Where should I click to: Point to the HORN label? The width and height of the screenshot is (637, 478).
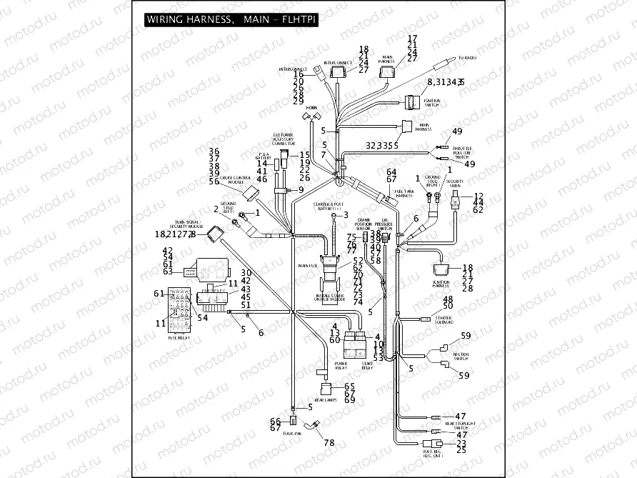311,106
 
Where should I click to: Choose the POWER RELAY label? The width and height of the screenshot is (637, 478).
341,366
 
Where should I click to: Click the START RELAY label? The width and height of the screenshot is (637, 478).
367,366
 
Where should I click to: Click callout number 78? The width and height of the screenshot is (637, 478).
328,443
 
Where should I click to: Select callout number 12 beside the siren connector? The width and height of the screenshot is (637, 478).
478,196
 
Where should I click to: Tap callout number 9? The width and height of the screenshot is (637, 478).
301,189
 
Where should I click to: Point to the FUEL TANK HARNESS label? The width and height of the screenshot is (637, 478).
404,192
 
